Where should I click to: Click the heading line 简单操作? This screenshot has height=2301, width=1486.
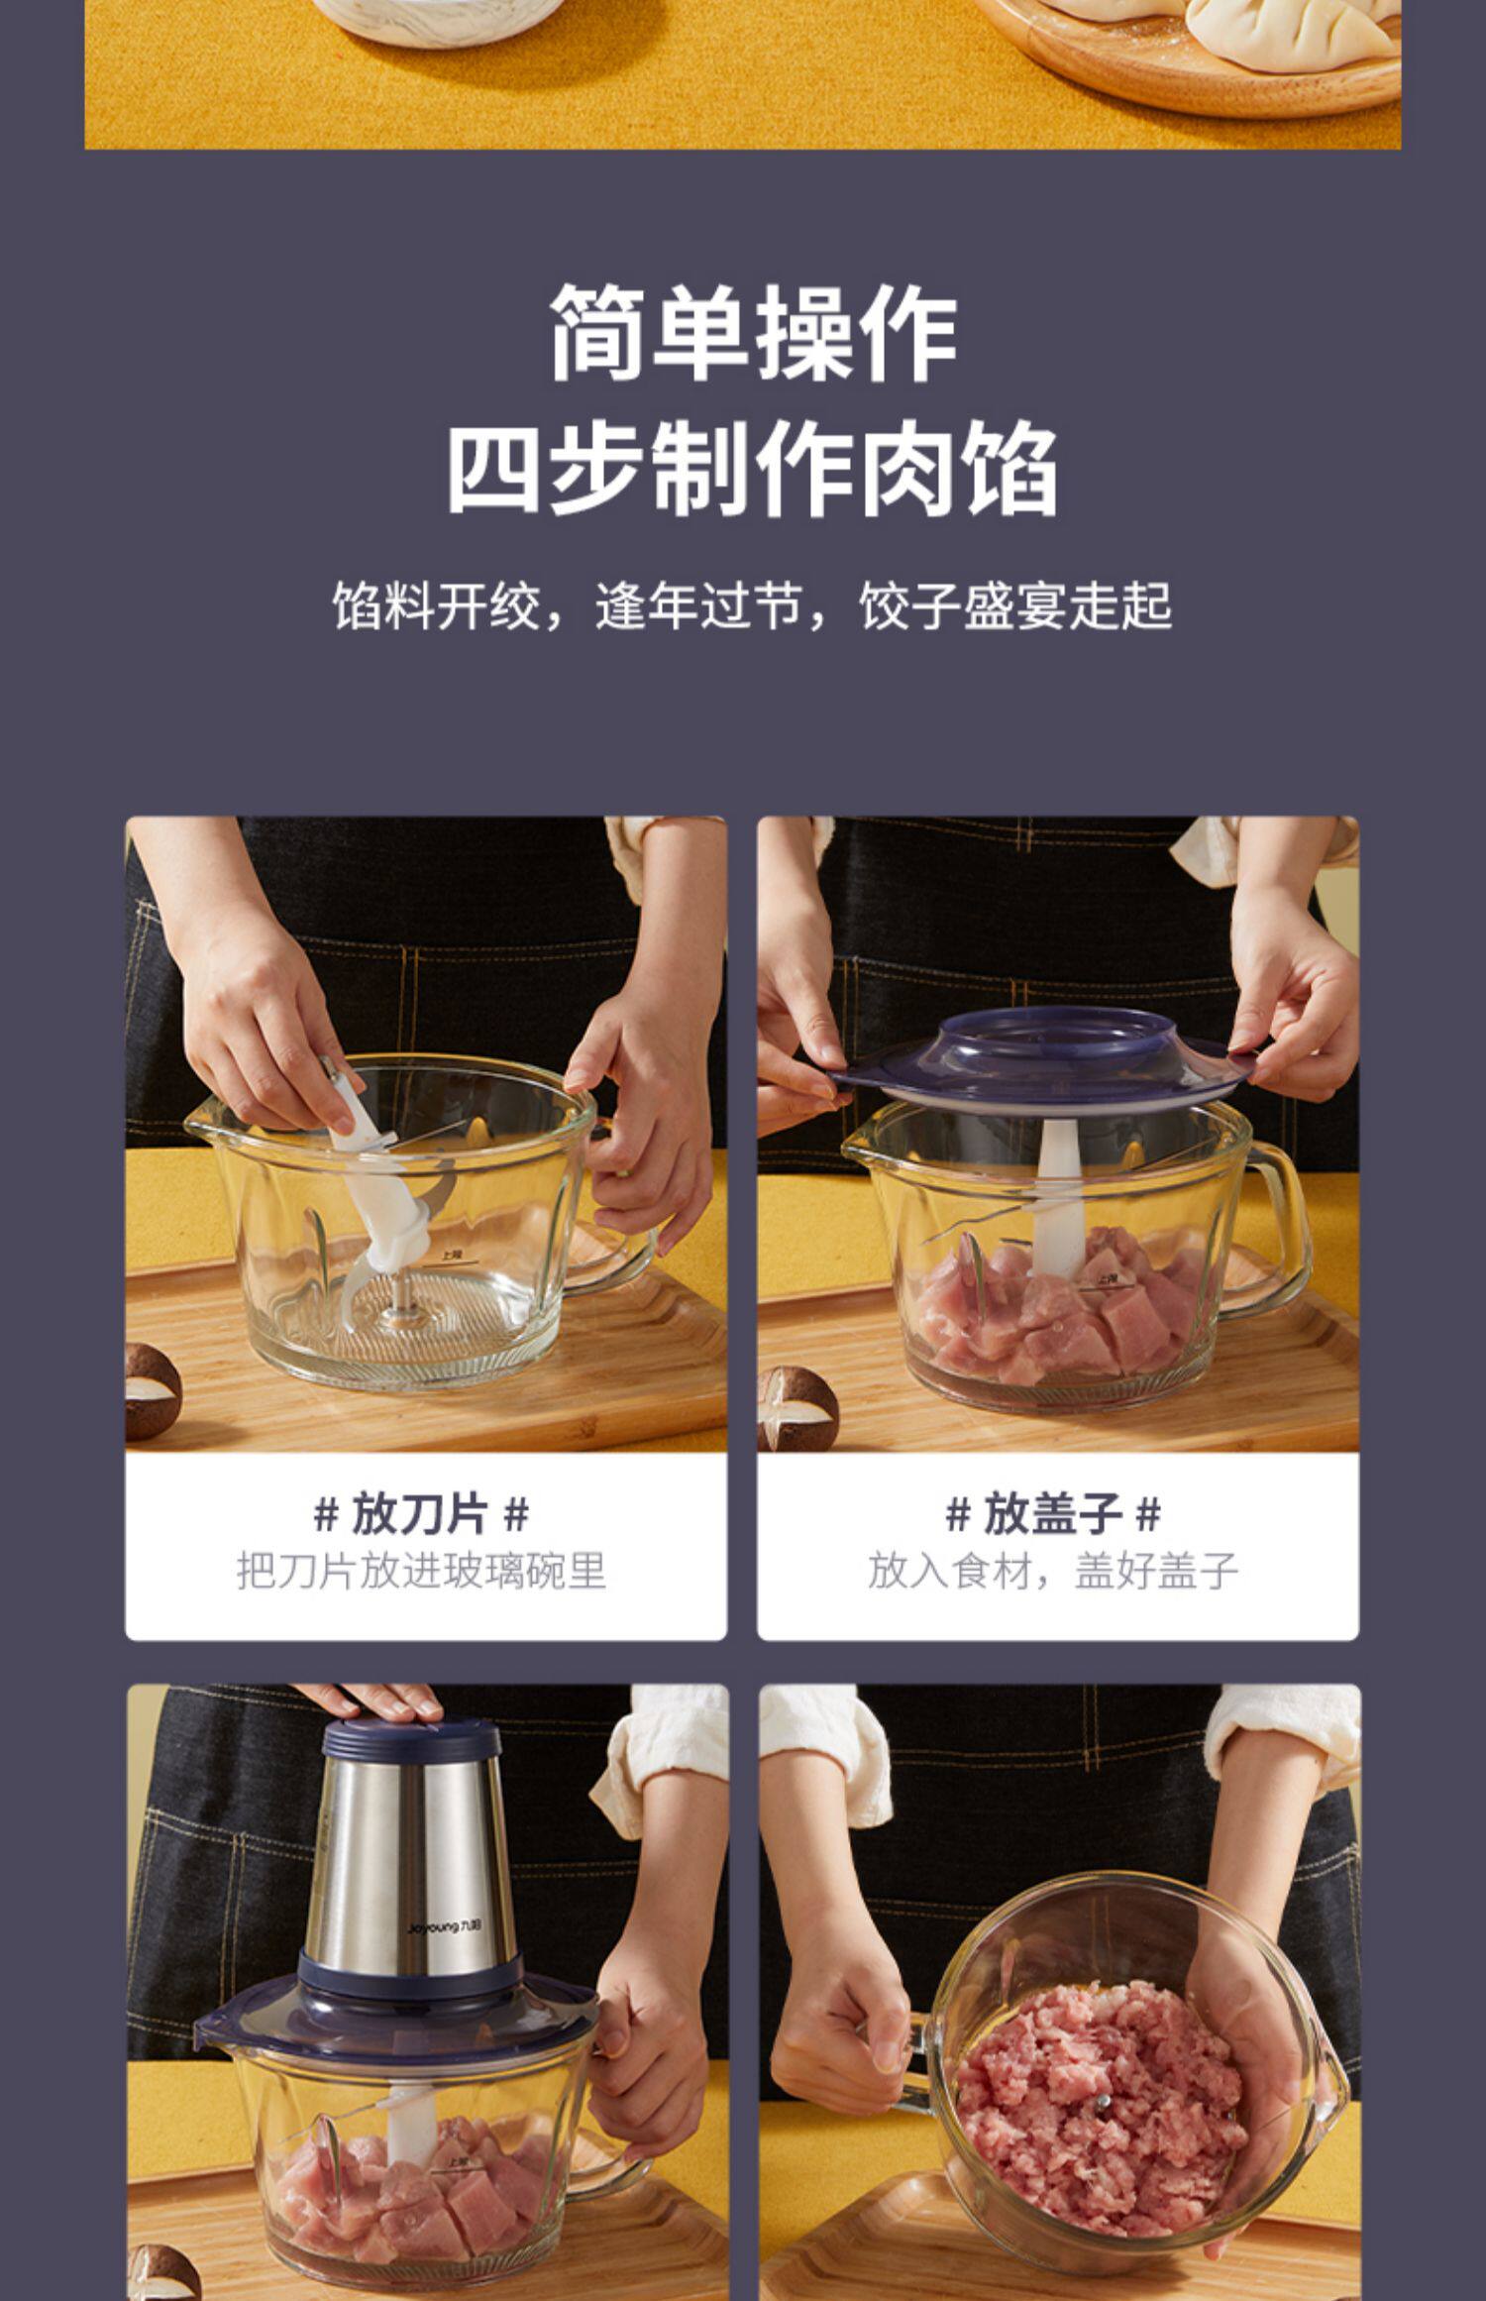tap(753, 332)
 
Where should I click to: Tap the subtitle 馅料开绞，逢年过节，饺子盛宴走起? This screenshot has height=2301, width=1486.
tap(752, 605)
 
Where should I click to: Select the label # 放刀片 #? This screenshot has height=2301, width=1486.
tap(422, 1514)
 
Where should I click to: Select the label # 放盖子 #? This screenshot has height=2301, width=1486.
tap(1054, 1514)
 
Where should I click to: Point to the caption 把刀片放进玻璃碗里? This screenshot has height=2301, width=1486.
tap(422, 1571)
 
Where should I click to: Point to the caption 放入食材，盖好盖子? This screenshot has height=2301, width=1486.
tap(1054, 1571)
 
